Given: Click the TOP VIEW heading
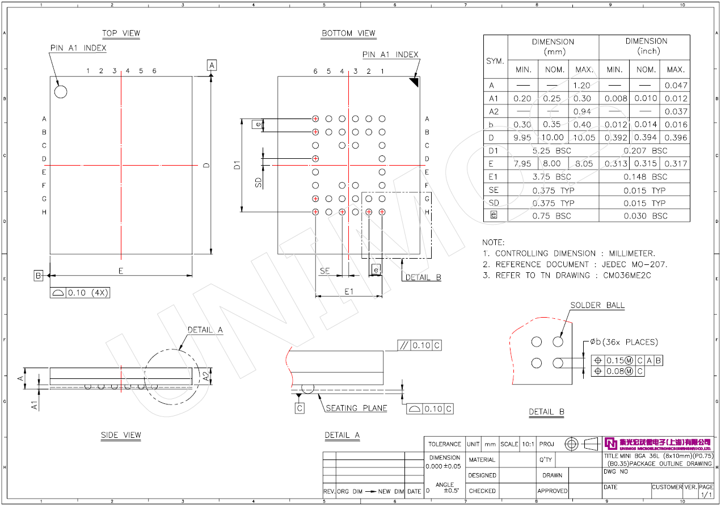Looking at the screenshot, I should click(x=121, y=33).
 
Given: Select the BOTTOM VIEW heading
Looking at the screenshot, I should click(x=348, y=33).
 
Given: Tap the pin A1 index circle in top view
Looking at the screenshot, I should click(x=61, y=91).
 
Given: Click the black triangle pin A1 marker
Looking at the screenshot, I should click(x=414, y=82).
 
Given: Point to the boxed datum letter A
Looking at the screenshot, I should click(x=212, y=65).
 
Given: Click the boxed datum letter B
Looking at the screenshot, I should click(x=39, y=276).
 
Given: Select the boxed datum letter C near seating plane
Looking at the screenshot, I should click(x=300, y=408).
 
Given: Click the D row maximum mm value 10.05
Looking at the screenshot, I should click(x=584, y=138).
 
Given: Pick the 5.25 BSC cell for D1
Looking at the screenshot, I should click(x=553, y=151).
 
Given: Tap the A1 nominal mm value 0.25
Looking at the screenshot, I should click(x=552, y=99).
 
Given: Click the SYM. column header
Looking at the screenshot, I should click(x=495, y=60).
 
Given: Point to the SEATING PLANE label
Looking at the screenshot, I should click(x=356, y=408).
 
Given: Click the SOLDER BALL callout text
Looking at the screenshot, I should click(x=597, y=305).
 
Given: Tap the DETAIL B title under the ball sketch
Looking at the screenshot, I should click(x=546, y=412).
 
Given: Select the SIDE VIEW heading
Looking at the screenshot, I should click(x=121, y=435).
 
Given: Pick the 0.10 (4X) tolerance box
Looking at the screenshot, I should click(x=80, y=293).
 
